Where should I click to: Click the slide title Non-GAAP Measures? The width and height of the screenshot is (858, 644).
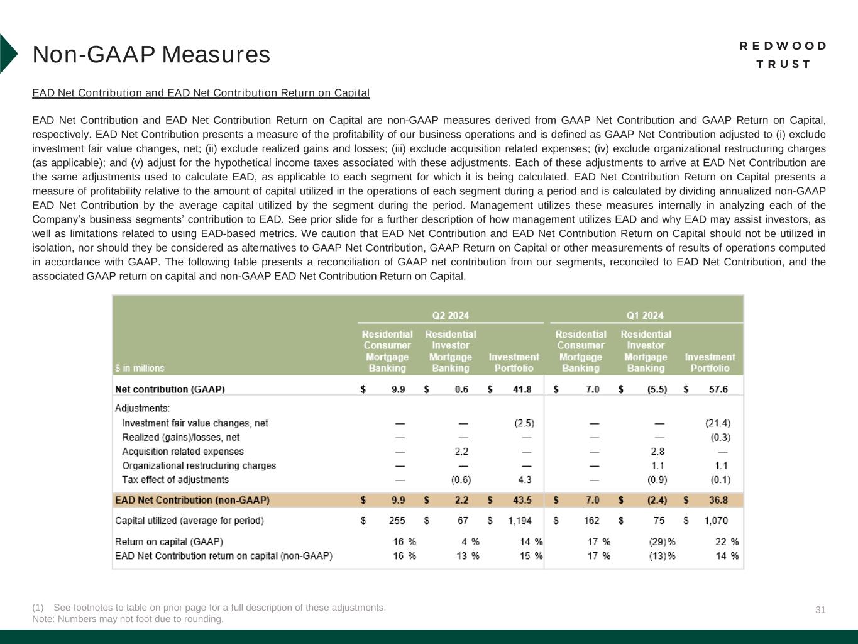[x=151, y=55]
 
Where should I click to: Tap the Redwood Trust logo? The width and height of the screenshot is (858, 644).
[x=783, y=55]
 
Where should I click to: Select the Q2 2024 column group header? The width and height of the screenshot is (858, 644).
[x=450, y=315]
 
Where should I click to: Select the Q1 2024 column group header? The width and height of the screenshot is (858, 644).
[x=644, y=315]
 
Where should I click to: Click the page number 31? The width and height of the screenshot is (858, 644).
[x=820, y=609]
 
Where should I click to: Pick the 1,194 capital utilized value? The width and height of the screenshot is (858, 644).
[x=520, y=521]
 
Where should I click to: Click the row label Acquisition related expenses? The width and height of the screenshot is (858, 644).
[x=182, y=452]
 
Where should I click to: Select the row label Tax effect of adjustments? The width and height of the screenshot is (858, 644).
[x=175, y=480]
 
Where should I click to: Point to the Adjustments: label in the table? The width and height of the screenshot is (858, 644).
[x=142, y=408]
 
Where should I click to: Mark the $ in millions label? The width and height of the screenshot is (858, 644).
[x=140, y=368]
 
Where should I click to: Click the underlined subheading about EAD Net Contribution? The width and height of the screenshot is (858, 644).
[x=201, y=93]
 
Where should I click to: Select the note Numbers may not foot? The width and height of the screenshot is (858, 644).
[x=128, y=619]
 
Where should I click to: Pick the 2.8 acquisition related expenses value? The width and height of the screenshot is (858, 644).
[x=657, y=452]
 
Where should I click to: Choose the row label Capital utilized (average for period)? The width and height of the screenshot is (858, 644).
[x=189, y=521]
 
